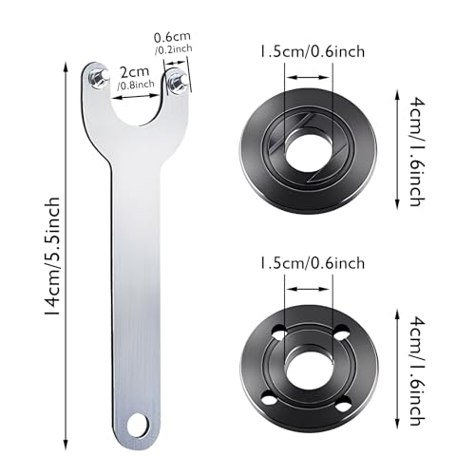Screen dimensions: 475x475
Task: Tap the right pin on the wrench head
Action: click(x=176, y=85)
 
